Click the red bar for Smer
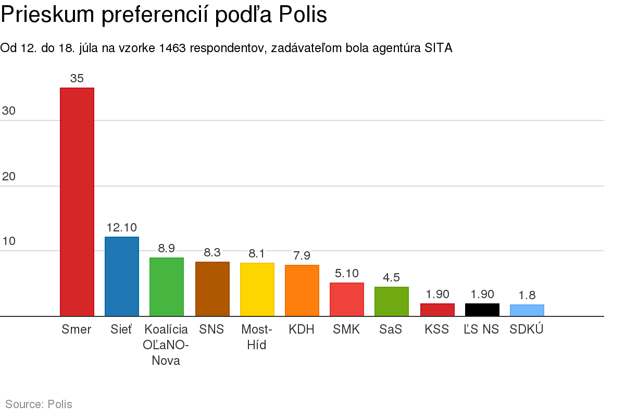77,202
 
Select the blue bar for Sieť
122,276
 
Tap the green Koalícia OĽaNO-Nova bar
167,287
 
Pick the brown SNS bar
212,289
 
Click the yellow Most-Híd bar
257,289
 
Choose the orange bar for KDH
302,290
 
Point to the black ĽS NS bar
482,310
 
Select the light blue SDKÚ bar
527,310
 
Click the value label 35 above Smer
77,79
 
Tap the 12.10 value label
122,228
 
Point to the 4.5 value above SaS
392,277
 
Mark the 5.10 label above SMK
347,273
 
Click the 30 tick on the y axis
9,111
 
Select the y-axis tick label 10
9,241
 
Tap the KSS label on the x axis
437,329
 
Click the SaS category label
391,329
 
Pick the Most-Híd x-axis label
257,337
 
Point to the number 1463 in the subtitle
173,48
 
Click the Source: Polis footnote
39,404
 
